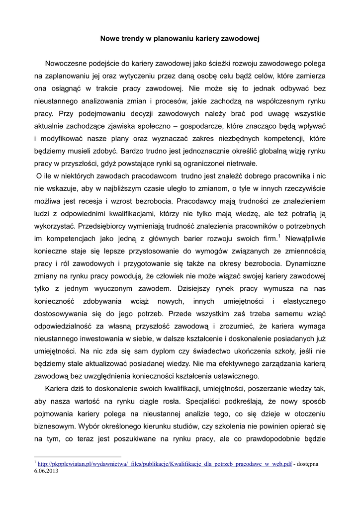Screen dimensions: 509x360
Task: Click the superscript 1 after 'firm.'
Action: coord(279,236)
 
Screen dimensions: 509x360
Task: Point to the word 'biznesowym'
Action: coord(54,426)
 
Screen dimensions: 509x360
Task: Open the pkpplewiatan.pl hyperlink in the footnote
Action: coord(165,464)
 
